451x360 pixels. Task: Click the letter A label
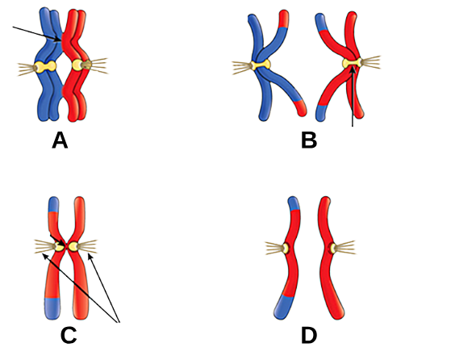tap(60, 140)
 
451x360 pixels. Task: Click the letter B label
tap(309, 140)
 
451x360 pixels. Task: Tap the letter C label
tap(69, 335)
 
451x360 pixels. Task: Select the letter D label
tap(309, 336)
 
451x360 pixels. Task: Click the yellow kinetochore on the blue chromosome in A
tap(45, 66)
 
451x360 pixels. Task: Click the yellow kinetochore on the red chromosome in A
tap(81, 65)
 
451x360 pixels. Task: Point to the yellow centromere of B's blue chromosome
tap(261, 65)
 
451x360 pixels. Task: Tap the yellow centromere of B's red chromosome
tap(352, 63)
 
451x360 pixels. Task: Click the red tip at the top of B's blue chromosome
tap(284, 19)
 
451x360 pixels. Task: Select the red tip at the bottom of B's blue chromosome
tap(300, 107)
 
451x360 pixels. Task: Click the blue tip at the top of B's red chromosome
tap(320, 21)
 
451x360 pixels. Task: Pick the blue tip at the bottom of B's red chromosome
tap(321, 113)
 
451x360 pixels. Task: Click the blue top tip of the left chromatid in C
tap(53, 204)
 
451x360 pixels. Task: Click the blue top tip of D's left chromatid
tap(294, 203)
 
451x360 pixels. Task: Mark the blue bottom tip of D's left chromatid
tap(283, 308)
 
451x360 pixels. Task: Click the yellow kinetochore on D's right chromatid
tap(332, 249)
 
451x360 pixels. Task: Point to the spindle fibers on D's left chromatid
tap(274, 249)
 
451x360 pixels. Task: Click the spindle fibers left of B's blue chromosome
tap(241, 68)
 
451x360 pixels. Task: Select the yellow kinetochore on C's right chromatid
tap(73, 246)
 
